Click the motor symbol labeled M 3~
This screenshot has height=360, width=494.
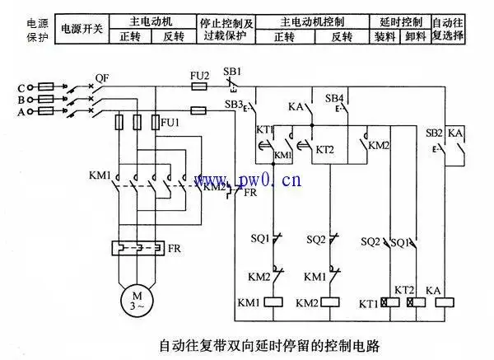tap(133, 299)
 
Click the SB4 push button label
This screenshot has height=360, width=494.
tap(334, 98)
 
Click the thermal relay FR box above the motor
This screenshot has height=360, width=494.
tap(133, 247)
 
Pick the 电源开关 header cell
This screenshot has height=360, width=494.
tap(82, 28)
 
